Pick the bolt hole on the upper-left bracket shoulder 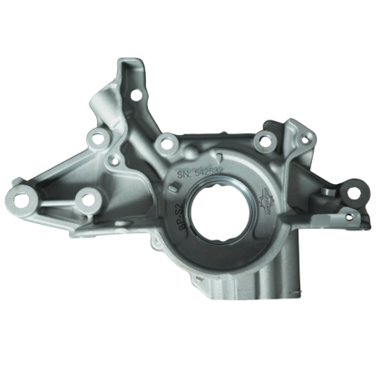coord(97,140)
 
